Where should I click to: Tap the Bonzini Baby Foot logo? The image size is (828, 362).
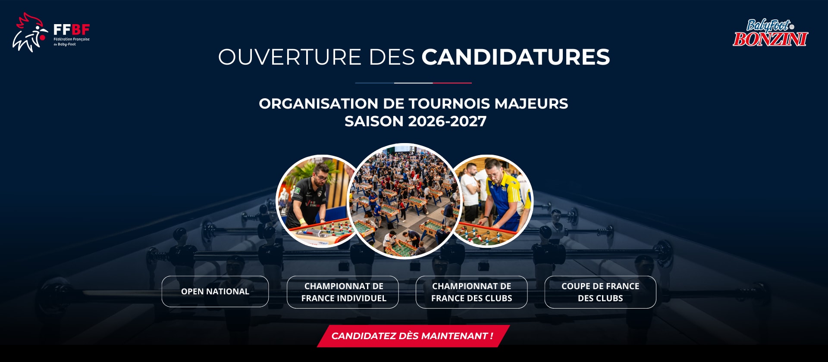tap(770, 33)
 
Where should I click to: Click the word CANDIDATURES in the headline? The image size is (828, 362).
tap(516, 57)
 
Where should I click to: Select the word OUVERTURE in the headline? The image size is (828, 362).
tap(290, 57)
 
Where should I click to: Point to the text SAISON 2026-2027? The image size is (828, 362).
tap(415, 121)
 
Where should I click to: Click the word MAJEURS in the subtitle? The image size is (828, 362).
tap(531, 103)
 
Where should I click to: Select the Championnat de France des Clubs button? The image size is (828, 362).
tap(471, 292)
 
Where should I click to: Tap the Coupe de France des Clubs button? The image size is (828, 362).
tap(600, 292)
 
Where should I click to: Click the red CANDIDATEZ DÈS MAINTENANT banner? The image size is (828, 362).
tap(413, 336)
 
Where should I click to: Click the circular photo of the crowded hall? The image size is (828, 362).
tap(404, 201)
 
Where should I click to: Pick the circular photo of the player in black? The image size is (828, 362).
tap(313, 201)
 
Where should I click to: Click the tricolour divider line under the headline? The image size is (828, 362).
tap(413, 83)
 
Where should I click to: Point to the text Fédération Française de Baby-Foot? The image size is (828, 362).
tap(72, 42)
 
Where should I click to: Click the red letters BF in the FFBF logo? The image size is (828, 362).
tap(81, 30)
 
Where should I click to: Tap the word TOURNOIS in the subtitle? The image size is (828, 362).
tap(449, 103)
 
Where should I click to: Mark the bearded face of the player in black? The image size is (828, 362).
tap(321, 175)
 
